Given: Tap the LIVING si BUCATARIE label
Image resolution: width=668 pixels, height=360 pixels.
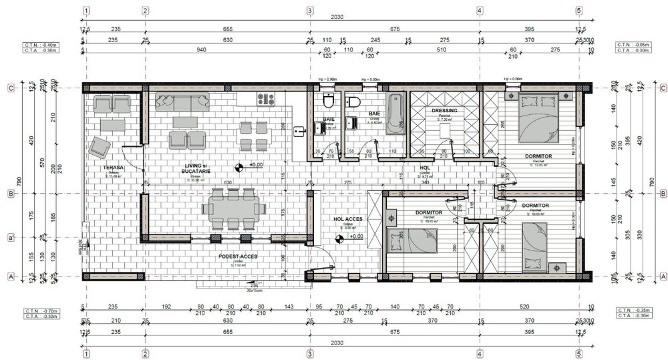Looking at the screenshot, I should pos(195,168).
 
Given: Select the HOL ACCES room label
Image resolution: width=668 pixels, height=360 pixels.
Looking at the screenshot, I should pos(347,219).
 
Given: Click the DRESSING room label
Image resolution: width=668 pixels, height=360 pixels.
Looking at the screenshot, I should pos(444,111).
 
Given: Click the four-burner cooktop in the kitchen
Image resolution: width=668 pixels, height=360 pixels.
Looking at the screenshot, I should pos(266,100).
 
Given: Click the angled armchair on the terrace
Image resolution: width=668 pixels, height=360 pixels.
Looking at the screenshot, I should pos(101,146).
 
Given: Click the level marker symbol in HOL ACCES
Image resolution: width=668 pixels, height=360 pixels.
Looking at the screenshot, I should pos(341,236).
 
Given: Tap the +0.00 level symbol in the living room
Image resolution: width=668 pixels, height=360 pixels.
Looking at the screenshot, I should pos(239,166).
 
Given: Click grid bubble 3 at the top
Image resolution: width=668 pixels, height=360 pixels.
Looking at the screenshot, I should pos(309,11).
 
